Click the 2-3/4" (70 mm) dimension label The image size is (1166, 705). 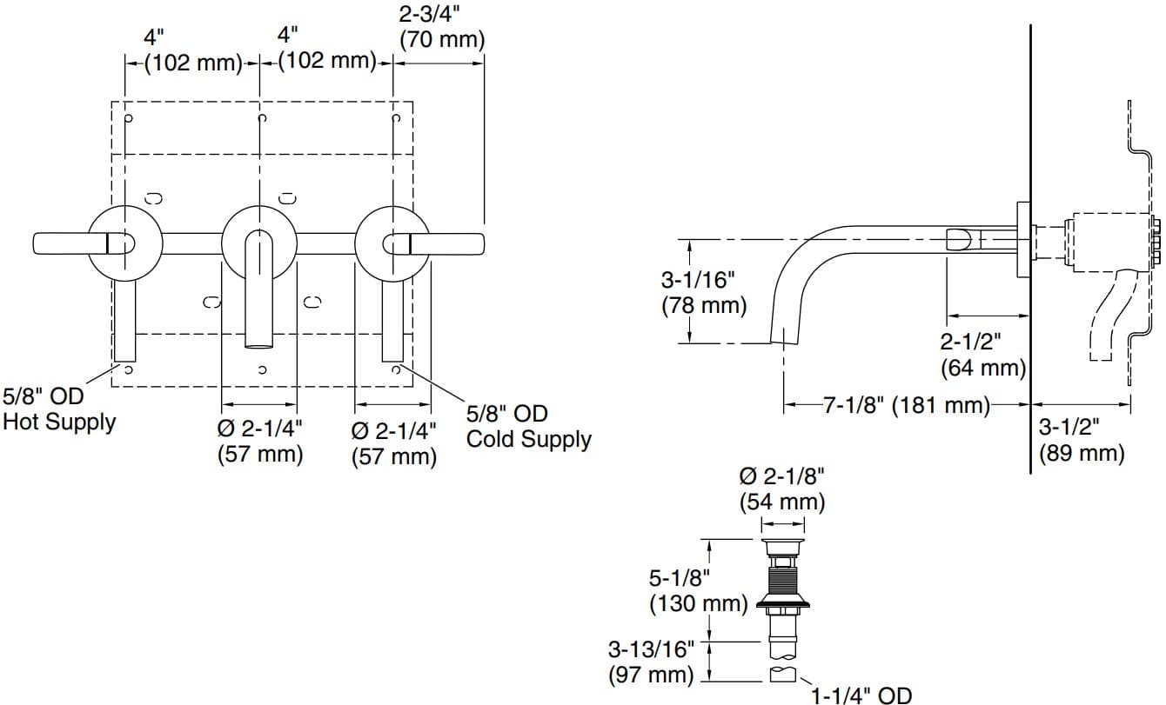click(441, 28)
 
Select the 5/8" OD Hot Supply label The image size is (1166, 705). click(59, 409)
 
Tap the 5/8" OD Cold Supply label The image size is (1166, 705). click(528, 426)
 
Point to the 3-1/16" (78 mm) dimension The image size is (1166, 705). click(704, 293)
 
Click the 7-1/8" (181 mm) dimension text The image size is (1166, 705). click(907, 404)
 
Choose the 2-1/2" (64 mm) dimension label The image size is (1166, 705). click(983, 354)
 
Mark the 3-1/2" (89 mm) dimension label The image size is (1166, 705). click(1082, 440)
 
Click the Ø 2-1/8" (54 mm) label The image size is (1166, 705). click(781, 489)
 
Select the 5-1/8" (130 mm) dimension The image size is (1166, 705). click(698, 589)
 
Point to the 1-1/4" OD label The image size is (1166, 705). click(861, 695)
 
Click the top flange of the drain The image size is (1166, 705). click(783, 545)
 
